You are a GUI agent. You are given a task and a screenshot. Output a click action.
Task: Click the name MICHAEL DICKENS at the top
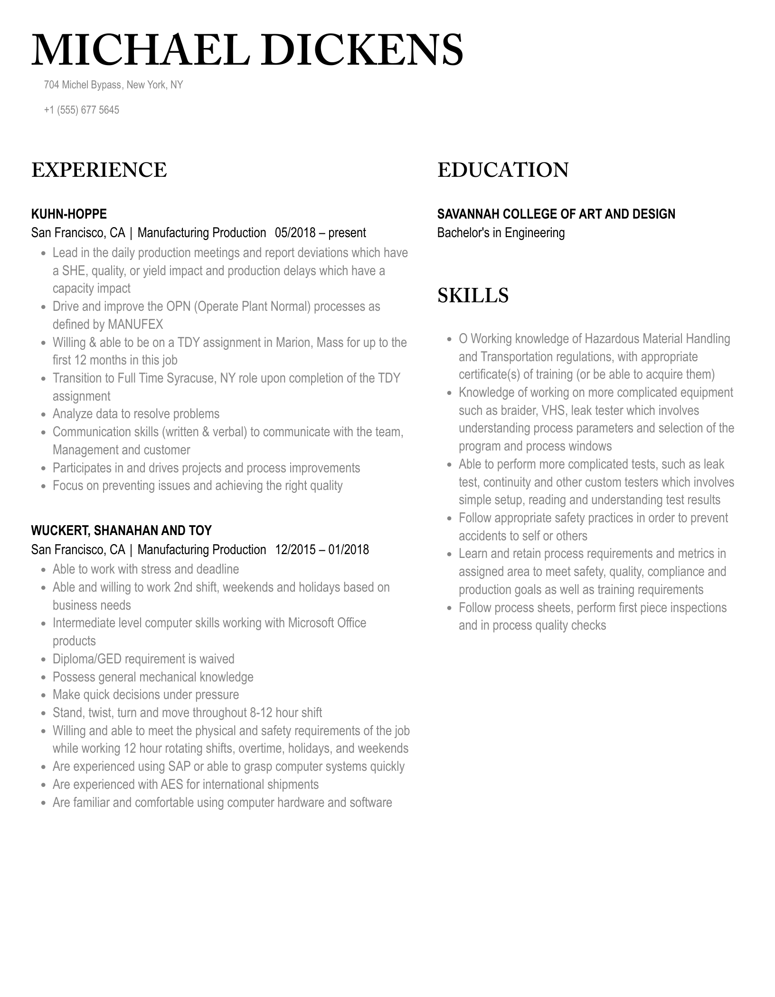tap(247, 50)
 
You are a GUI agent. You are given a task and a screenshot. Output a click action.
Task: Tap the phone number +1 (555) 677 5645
tap(81, 110)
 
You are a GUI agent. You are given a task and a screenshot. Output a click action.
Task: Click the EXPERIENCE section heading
tap(99, 170)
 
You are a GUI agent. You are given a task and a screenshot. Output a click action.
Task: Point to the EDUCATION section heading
tap(502, 170)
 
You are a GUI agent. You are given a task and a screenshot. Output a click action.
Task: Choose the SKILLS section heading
tap(473, 295)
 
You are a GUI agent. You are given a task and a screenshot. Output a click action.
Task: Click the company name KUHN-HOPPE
tap(69, 214)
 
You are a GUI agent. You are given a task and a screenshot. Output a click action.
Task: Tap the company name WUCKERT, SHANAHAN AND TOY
tap(121, 530)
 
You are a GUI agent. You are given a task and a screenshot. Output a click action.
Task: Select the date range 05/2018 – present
tap(320, 233)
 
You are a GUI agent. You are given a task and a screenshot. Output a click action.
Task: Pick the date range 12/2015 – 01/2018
tap(321, 550)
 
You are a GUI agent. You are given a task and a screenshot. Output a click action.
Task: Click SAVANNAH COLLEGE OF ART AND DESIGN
tap(556, 214)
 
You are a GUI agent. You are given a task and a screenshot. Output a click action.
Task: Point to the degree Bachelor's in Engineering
tap(501, 233)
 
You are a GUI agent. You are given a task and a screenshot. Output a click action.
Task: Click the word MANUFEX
tap(135, 325)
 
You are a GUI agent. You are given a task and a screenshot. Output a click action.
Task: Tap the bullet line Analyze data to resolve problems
tap(136, 414)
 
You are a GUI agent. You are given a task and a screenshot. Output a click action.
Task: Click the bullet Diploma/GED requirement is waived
tap(143, 659)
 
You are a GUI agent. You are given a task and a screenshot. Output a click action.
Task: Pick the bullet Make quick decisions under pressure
tap(145, 695)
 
